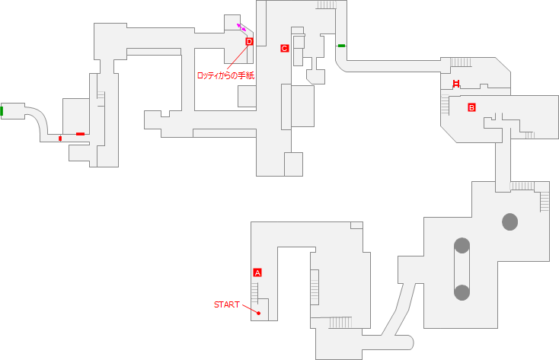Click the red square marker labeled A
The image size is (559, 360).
click(x=257, y=272)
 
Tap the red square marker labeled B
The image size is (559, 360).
click(x=471, y=107)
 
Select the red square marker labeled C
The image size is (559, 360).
click(x=284, y=49)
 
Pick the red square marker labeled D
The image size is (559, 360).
click(x=249, y=42)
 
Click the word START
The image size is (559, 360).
click(x=226, y=304)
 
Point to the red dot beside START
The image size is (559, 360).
click(x=259, y=313)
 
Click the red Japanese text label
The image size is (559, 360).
click(x=225, y=75)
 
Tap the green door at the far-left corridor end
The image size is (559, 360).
click(x=2, y=111)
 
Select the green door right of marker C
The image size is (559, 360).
click(x=341, y=46)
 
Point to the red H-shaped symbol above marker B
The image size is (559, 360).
click(x=456, y=84)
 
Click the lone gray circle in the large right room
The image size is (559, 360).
click(x=509, y=221)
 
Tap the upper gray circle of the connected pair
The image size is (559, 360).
click(x=462, y=245)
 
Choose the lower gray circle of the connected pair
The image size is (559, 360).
click(x=462, y=292)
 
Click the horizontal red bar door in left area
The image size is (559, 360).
click(x=80, y=134)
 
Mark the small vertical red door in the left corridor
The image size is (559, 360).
click(x=60, y=139)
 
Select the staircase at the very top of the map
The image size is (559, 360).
click(x=327, y=5)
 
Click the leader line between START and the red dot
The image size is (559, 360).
click(x=249, y=308)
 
